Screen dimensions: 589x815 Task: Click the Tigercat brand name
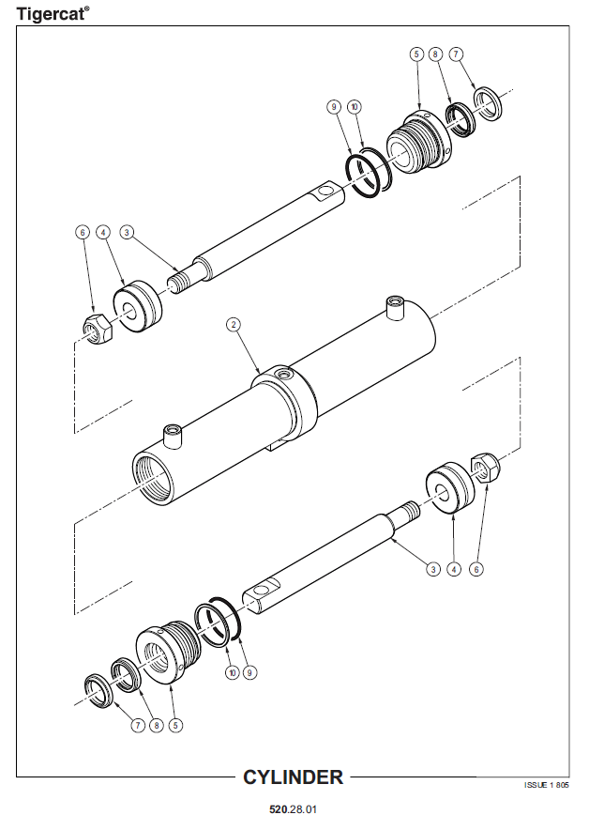pos(53,13)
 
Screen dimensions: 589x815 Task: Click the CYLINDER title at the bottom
pos(293,777)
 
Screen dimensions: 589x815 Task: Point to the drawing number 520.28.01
pos(293,808)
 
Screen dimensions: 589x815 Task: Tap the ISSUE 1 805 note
pos(547,785)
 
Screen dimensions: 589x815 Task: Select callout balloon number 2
pos(234,325)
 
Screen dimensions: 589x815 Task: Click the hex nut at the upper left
pos(96,328)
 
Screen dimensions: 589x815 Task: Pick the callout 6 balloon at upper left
pos(83,232)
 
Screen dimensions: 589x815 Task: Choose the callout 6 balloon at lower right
pos(476,569)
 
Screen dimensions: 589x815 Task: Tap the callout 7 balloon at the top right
pos(456,54)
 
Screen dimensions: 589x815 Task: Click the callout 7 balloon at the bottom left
pos(138,725)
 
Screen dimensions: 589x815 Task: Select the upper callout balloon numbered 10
pos(355,107)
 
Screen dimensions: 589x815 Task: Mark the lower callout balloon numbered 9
pos(249,672)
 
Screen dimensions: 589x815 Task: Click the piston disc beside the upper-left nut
pos(138,307)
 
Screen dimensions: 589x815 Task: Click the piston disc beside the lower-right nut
pos(450,487)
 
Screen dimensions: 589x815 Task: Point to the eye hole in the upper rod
pos(326,192)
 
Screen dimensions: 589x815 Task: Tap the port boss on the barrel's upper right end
pos(395,308)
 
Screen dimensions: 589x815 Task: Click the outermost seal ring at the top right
pos(489,103)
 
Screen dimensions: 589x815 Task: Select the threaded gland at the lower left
pos(168,653)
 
